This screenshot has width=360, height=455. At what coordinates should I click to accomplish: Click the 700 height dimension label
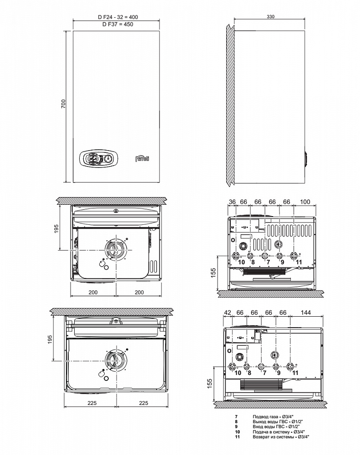click(64, 104)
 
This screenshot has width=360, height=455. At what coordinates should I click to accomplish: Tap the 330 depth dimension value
click(270, 16)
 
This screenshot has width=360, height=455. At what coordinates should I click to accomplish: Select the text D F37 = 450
click(117, 25)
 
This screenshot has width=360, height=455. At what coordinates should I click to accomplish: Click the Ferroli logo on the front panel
click(142, 158)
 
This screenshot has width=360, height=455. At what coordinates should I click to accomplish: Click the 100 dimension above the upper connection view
click(305, 202)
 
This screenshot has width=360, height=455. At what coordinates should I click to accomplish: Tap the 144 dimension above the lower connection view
click(306, 313)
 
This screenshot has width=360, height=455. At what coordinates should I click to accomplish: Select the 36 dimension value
click(232, 202)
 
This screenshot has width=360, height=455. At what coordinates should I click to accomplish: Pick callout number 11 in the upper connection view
click(299, 263)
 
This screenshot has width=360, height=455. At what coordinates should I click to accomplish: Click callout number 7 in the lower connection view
click(264, 373)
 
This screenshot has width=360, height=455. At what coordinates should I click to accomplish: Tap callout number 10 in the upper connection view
click(241, 263)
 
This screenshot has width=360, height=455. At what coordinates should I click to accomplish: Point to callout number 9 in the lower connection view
click(279, 373)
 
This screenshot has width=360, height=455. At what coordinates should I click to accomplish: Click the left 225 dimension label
click(92, 403)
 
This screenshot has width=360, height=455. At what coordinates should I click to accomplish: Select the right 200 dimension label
click(139, 292)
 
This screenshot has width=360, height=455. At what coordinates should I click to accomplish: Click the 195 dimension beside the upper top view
click(56, 228)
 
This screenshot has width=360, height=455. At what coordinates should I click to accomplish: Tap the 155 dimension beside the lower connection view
click(210, 383)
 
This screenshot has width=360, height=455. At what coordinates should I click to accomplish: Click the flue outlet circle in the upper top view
click(116, 250)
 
